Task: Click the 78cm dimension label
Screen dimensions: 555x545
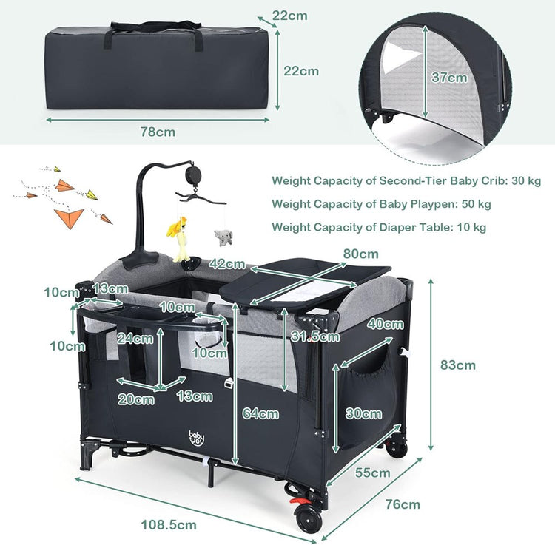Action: [x=158, y=132]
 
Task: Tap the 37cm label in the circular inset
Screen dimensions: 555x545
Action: [x=449, y=78]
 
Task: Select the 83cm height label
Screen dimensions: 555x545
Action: [x=457, y=365]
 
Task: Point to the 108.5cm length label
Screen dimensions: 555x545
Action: [x=169, y=524]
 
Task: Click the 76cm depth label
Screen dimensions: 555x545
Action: [x=403, y=504]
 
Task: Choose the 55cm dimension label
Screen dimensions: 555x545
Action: [x=372, y=473]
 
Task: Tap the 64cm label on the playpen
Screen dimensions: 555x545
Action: [x=260, y=413]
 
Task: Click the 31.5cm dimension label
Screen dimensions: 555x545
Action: [x=315, y=336]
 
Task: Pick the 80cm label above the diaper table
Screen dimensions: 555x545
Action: [x=360, y=254]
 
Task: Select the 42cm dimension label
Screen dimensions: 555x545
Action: [x=227, y=263]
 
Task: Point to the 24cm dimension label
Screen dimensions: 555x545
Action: [x=135, y=339]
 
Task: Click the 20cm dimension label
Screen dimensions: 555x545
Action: [x=136, y=399]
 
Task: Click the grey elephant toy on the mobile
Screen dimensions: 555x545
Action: [x=223, y=237]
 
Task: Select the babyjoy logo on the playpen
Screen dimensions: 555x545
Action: [x=196, y=439]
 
